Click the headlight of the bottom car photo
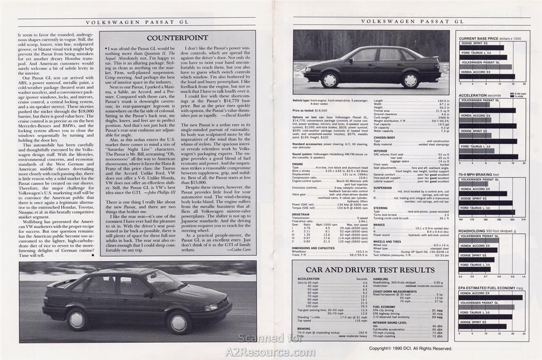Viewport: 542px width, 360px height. [211, 307]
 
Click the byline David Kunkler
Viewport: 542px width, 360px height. [236, 114]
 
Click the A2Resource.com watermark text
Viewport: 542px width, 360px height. [270, 352]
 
